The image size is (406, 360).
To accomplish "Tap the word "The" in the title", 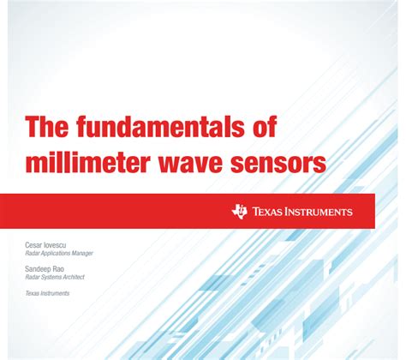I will pos(47,128).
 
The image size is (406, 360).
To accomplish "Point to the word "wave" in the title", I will pos(207,161).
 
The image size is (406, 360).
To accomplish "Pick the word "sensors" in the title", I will pos(286,161).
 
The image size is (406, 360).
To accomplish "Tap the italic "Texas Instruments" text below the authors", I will pos(48,293).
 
